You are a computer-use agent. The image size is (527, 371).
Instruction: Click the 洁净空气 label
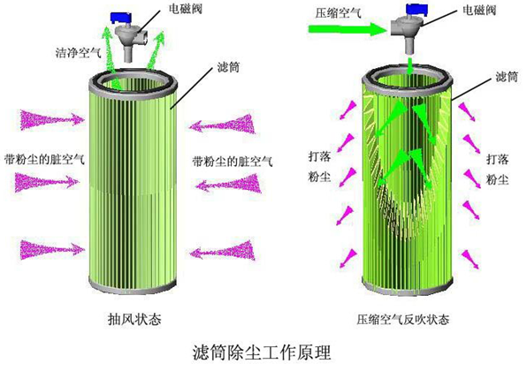coord(76,54)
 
